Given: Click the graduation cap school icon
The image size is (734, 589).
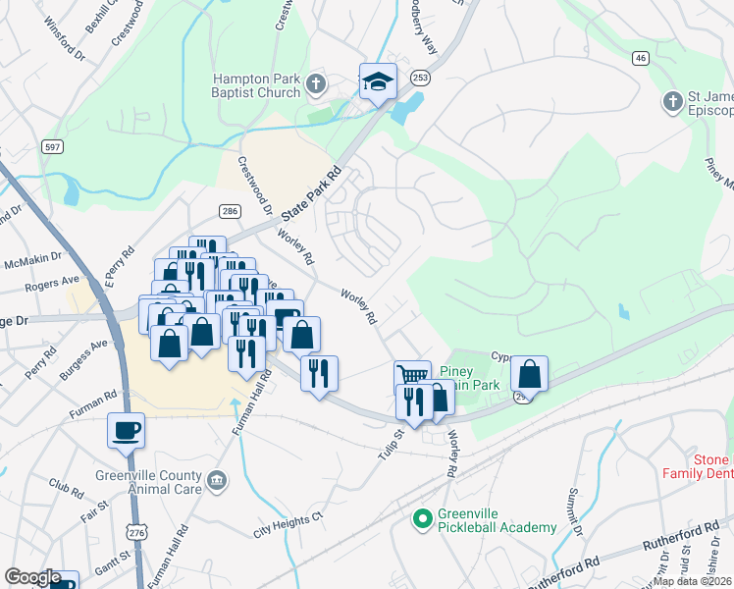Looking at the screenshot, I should point(378,81).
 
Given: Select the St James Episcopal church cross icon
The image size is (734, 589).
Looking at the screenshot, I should point(672,101).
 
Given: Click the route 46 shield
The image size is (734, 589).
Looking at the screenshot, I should point(641,59).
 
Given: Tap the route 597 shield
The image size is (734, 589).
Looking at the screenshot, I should point(53,146).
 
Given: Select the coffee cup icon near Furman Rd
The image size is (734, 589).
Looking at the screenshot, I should point(127,430).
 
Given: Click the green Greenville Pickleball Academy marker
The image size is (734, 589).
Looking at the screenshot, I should point(422,517).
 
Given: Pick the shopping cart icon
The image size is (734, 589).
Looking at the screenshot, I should point(412,375).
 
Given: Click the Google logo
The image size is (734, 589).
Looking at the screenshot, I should point(32,576).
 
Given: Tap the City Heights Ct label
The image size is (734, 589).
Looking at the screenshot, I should point(288,524).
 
